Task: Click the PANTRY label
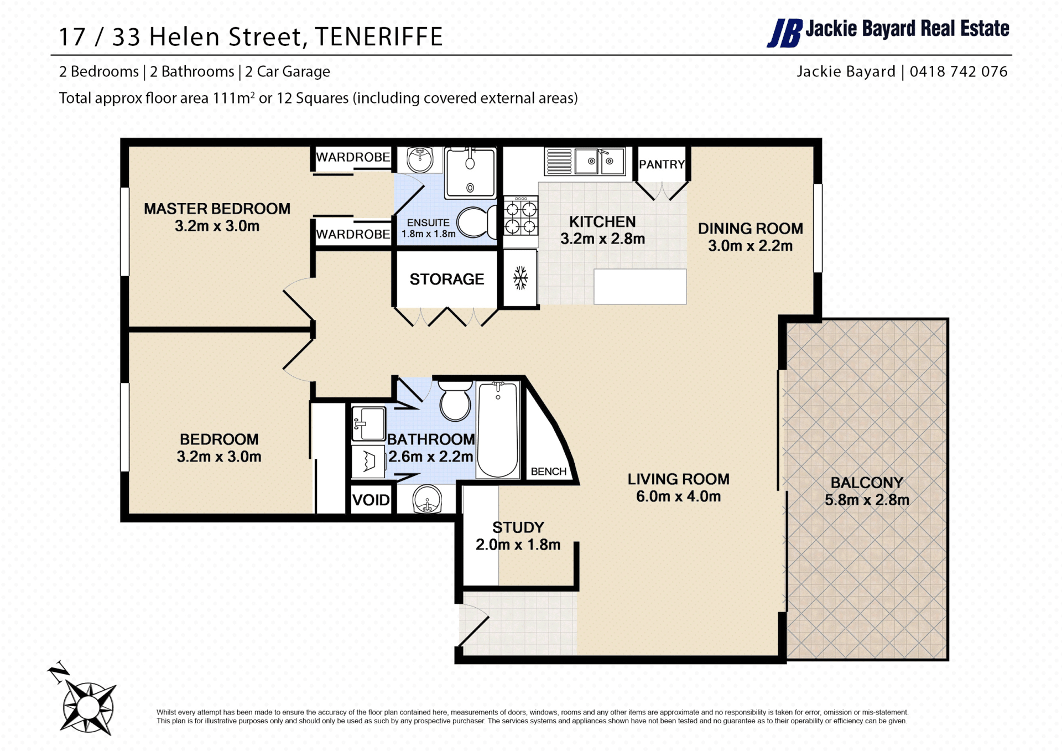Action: (x=662, y=164)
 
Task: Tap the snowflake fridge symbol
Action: (x=520, y=278)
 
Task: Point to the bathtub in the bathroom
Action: (x=498, y=429)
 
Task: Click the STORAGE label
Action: (x=447, y=279)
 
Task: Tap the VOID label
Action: (x=371, y=500)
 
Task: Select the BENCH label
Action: (x=549, y=472)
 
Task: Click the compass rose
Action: (x=88, y=707)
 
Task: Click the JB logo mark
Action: (x=784, y=33)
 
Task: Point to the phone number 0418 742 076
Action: (x=959, y=71)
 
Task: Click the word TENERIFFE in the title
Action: (x=379, y=37)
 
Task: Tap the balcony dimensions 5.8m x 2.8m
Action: (x=867, y=500)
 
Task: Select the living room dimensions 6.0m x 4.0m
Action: (x=678, y=496)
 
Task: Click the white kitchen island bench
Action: (x=640, y=287)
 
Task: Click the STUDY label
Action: (x=518, y=527)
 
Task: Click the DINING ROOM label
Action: (x=750, y=229)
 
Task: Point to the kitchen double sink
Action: (x=600, y=162)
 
